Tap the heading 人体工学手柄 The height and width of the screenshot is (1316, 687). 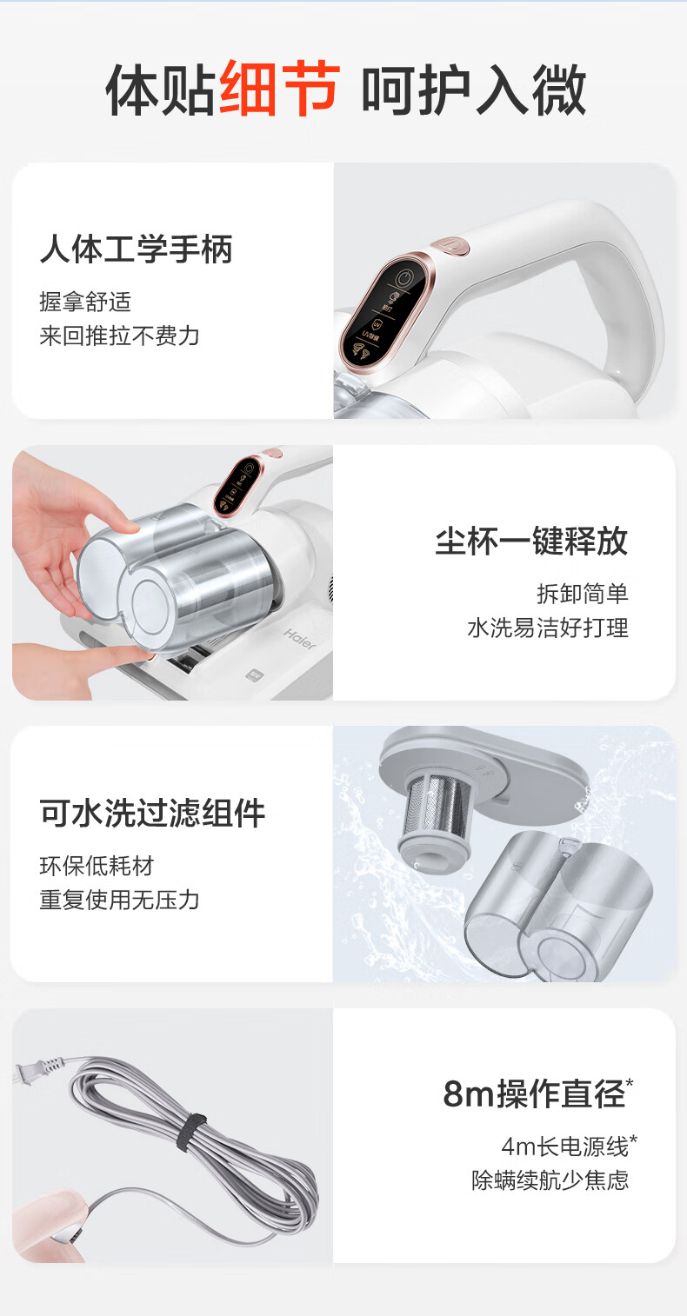coord(137,249)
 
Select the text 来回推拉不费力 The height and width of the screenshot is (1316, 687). coord(119,336)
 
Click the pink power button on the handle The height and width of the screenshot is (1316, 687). coord(450,246)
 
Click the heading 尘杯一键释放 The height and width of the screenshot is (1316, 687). coord(532,541)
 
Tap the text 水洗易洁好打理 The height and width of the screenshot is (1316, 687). coord(548,628)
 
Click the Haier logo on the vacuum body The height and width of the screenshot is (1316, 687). coord(300,639)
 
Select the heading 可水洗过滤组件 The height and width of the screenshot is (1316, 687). coord(152,813)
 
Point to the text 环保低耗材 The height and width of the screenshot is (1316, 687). coord(97,866)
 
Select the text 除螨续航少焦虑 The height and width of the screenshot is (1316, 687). coord(550,1180)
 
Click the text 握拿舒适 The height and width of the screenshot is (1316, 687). coord(85,302)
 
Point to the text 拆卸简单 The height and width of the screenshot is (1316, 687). coord(583,594)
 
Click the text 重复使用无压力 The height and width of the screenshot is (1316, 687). coord(119,900)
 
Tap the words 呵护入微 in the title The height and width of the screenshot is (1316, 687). coord(474,90)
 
